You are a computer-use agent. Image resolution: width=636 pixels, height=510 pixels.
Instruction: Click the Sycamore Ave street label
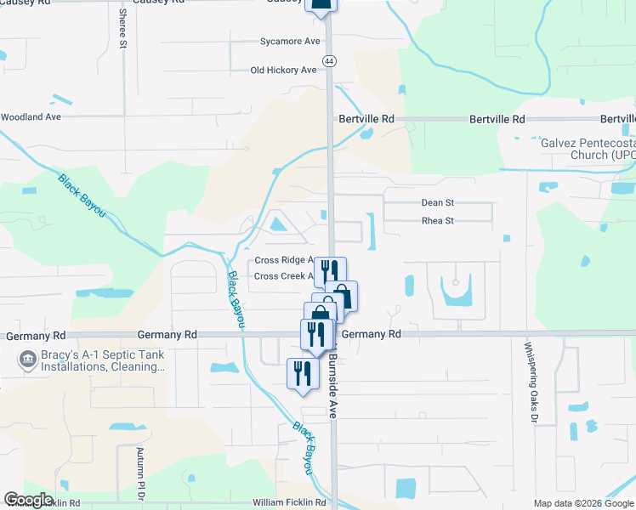290,41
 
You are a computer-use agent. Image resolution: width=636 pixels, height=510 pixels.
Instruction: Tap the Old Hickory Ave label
283,71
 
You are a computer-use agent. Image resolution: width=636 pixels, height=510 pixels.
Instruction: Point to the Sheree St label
123,28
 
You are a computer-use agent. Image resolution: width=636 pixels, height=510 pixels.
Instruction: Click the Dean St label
439,202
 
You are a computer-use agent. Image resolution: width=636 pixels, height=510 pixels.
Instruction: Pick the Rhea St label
439,221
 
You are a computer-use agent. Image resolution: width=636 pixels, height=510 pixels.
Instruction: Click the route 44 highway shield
329,60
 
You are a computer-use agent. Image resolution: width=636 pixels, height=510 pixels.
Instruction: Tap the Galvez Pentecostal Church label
588,149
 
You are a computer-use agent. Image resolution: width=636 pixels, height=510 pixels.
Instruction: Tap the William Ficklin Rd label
289,503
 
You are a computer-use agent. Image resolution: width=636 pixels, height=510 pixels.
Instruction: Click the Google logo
29,500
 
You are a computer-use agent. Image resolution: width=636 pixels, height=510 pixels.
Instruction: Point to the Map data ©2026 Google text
582,503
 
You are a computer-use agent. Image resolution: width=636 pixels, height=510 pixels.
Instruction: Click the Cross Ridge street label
284,260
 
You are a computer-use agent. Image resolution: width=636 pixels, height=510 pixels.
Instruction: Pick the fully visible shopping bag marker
341,296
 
